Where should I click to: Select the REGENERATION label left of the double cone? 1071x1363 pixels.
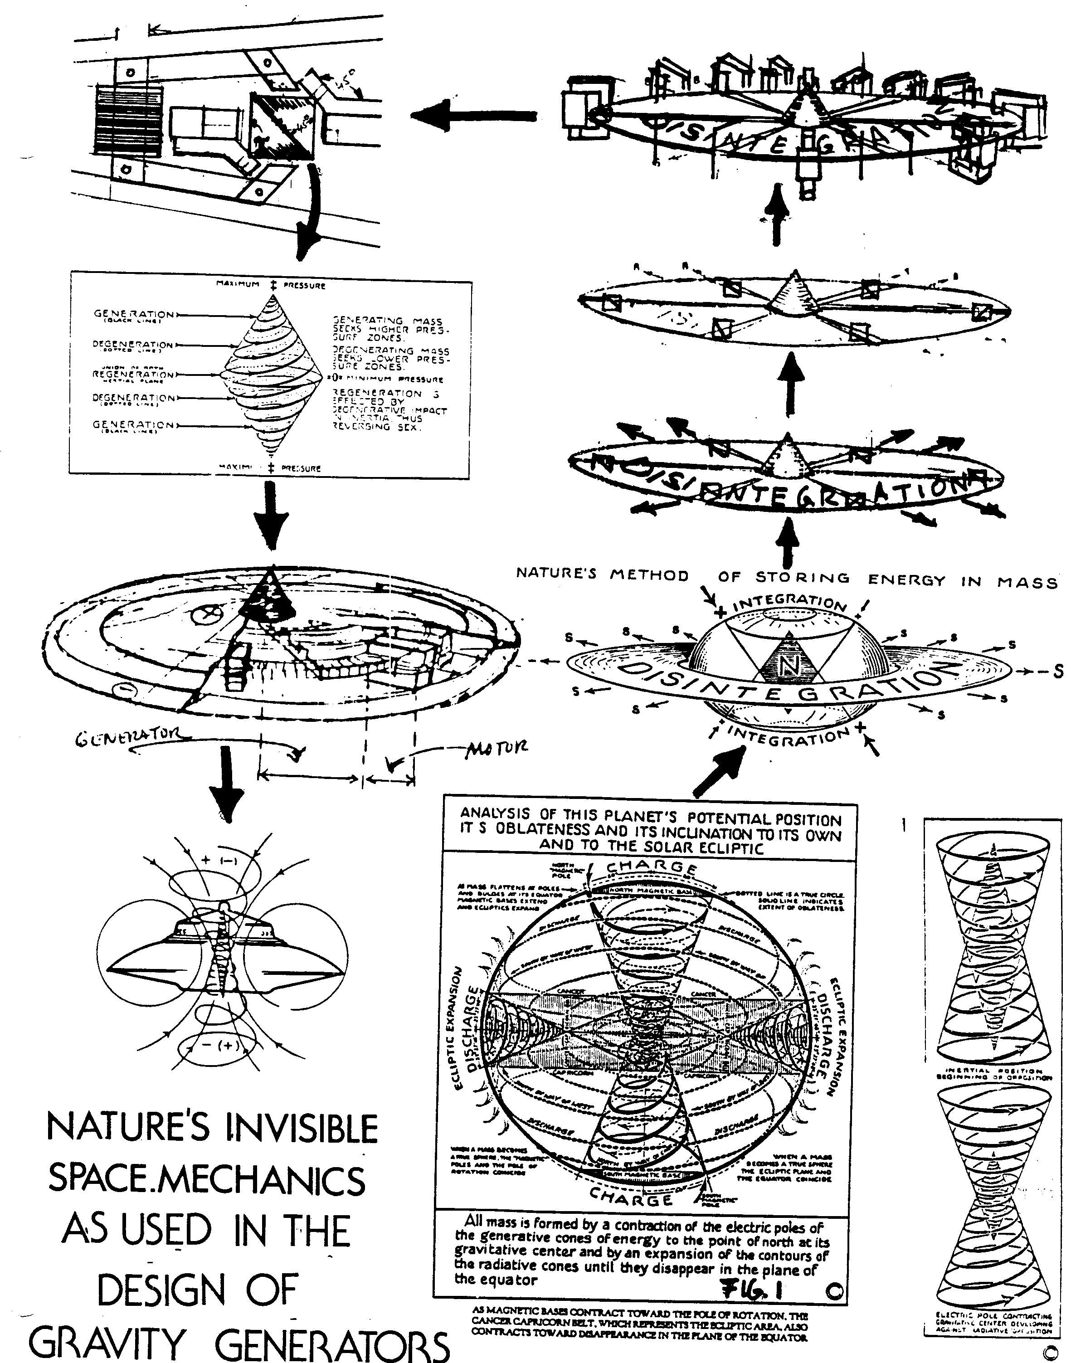[x=134, y=374]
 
